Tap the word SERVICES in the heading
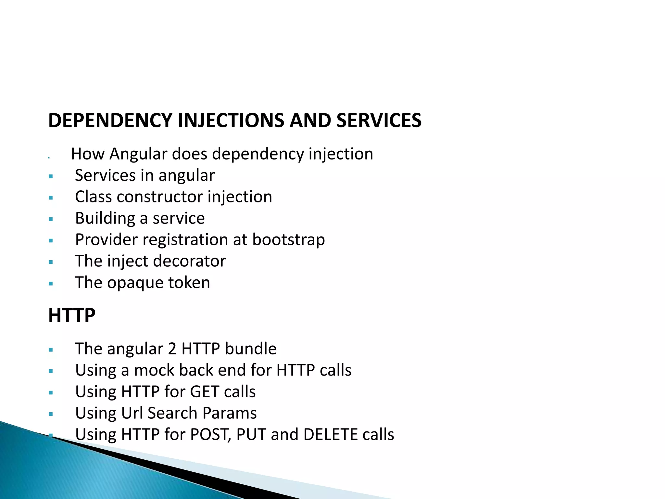(379, 121)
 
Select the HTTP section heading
(72, 315)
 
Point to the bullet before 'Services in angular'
(51, 177)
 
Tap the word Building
(105, 218)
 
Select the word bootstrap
(288, 240)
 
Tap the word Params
(230, 413)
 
